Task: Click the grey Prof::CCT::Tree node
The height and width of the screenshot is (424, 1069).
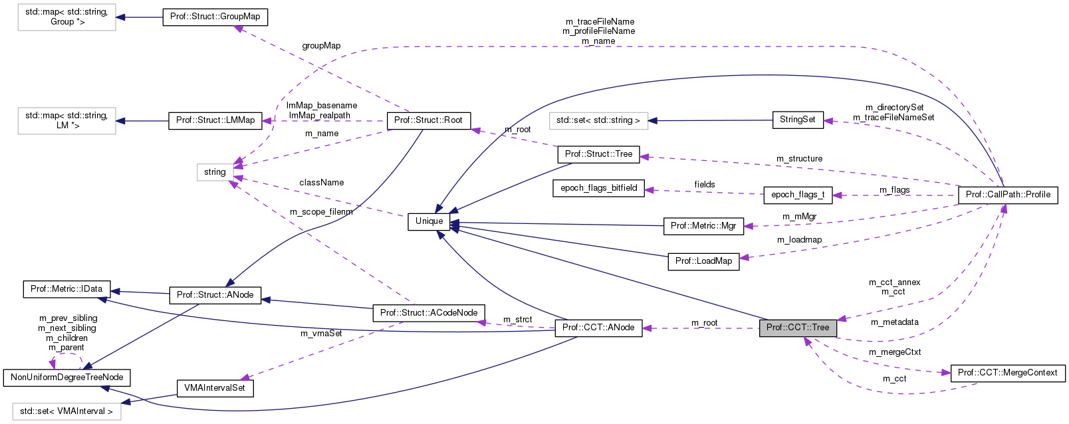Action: [798, 328]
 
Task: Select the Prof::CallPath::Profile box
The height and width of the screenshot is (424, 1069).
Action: [1008, 195]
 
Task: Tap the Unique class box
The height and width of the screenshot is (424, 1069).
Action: [429, 221]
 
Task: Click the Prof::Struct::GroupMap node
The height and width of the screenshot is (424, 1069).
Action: [215, 17]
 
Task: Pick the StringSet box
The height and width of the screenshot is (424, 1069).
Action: [797, 120]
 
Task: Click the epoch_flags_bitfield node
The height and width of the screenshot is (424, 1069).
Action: [598, 188]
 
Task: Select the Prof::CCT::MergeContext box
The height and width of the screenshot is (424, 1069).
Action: [1007, 373]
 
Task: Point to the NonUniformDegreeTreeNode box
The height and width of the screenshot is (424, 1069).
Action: [66, 377]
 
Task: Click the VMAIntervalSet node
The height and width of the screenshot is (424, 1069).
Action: [215, 388]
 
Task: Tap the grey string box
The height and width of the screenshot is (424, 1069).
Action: [215, 172]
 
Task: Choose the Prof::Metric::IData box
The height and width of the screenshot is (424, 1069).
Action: [66, 289]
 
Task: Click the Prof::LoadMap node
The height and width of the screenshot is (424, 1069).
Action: [703, 261]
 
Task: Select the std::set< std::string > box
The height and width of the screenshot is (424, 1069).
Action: [598, 121]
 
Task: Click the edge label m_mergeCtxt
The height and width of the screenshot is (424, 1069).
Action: [895, 352]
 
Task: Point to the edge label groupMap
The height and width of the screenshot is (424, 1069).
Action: [321, 46]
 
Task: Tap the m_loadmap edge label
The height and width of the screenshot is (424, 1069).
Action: [799, 240]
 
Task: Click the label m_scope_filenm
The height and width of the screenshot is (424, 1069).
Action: [321, 212]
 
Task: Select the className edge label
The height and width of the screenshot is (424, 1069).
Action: [321, 182]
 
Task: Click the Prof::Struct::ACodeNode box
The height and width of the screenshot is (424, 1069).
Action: [429, 313]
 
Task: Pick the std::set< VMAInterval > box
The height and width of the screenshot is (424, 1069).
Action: [66, 411]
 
